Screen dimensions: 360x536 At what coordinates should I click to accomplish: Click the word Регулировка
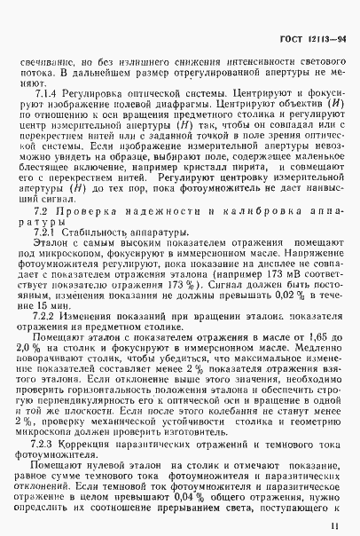coord(93,91)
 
